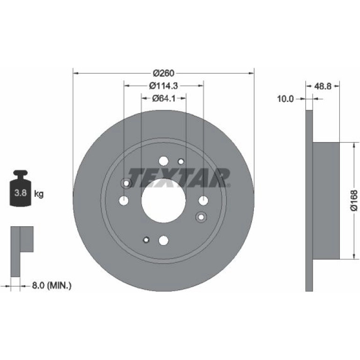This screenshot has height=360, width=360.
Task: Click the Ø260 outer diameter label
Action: click(164, 73)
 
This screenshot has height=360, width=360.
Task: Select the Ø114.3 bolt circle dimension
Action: click(164, 86)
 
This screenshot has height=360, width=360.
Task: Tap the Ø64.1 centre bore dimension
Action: click(164, 99)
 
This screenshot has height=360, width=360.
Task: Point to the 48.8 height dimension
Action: click(322, 86)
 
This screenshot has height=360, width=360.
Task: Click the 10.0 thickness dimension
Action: click(285, 99)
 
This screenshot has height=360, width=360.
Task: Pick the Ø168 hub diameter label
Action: click(354, 200)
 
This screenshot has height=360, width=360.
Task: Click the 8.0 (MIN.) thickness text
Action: click(51, 286)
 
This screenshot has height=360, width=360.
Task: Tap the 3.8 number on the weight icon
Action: click(21, 193)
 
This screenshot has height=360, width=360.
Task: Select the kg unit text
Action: click(38, 194)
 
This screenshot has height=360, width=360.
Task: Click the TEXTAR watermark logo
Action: click(179, 178)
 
